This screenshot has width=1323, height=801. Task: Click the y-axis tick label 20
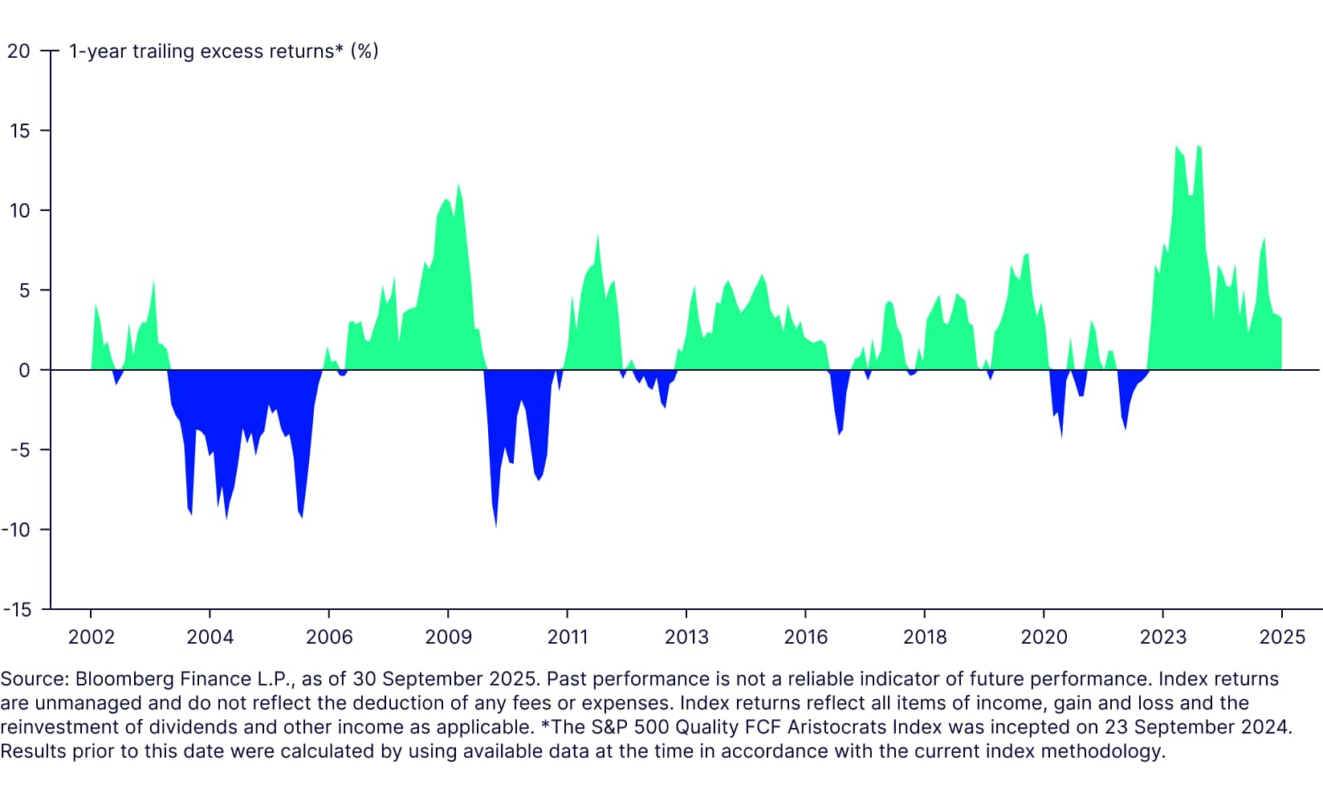[18, 51]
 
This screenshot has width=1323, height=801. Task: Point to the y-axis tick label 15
[18, 131]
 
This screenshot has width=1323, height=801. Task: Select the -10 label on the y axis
[15, 530]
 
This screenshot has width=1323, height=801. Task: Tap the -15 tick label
[17, 610]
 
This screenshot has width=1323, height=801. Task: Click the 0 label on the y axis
[24, 370]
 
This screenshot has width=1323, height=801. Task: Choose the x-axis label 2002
[91, 637]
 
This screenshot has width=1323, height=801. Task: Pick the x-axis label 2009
[448, 637]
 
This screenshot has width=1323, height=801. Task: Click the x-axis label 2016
[805, 637]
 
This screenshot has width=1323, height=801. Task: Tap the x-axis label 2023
[1162, 637]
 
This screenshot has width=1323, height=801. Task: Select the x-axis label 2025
[1282, 637]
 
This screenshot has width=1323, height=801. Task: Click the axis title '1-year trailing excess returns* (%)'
[223, 51]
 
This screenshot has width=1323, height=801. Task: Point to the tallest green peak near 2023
[1177, 147]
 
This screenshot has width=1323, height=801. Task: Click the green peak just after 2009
[458, 185]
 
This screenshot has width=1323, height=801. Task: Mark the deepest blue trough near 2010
[495, 525]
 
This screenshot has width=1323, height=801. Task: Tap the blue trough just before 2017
[839, 433]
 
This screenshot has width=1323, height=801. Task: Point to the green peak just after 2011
[598, 236]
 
